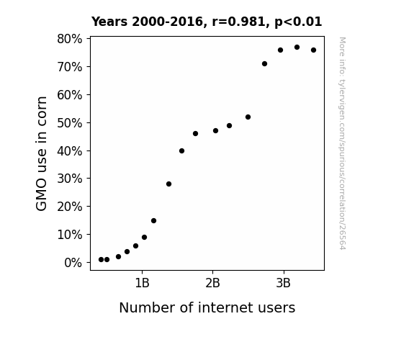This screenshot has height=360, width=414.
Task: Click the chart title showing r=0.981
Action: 207,22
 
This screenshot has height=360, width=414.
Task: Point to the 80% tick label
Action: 70,39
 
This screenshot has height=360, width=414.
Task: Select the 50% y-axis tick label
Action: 70,123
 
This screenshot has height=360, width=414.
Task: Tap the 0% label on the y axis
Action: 73,263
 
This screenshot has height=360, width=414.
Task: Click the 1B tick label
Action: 142,283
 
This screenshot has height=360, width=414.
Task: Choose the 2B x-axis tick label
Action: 212,283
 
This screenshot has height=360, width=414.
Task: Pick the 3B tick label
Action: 283,283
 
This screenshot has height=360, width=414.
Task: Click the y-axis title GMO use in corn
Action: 41,153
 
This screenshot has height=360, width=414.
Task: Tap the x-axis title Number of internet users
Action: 207,307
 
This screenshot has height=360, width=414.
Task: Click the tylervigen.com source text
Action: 342,143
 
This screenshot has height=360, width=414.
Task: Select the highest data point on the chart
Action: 297,48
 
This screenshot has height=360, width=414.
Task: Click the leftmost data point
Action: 101,260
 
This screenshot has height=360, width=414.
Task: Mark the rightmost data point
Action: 313,50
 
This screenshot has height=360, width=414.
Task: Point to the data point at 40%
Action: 181,150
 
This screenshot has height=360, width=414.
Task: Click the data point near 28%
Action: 168,184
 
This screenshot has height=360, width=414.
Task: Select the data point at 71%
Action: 264,64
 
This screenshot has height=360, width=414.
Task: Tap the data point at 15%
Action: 153,220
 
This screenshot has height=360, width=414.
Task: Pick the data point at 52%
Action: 248,117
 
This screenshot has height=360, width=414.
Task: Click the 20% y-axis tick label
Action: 70,207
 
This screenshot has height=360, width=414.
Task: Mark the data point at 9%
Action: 144,237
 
